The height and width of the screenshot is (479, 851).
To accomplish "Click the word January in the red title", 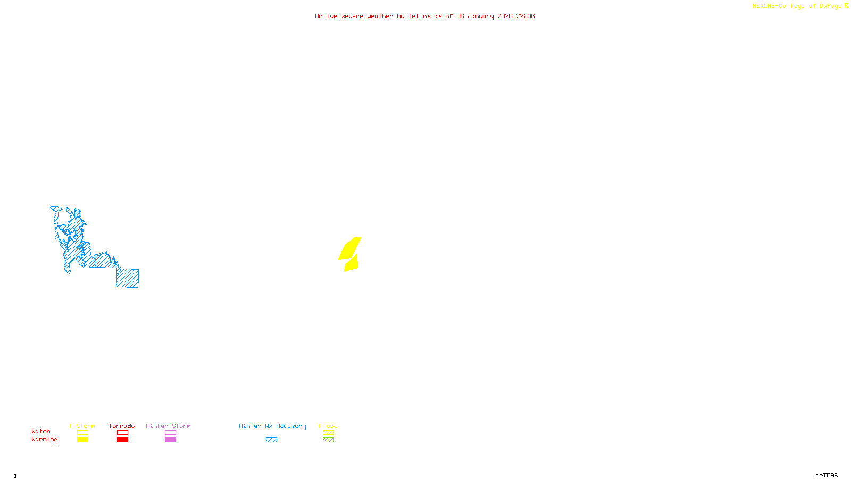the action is tap(480, 16).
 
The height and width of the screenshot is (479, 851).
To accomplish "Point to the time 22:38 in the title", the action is tap(525, 16).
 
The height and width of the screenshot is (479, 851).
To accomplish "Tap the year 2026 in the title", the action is tap(505, 16).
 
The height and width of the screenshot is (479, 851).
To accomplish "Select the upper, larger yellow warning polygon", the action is tap(350, 249).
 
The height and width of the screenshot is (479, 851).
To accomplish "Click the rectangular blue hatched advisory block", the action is tap(128, 278).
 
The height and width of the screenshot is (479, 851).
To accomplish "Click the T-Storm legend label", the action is tap(82, 426).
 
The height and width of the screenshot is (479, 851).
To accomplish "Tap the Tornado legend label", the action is tap(122, 426).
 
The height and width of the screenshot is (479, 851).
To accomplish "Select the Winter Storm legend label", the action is tap(168, 426).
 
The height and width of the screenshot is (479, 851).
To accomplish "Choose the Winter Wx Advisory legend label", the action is tap(272, 426).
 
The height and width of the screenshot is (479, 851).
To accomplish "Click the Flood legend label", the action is tap(328, 426).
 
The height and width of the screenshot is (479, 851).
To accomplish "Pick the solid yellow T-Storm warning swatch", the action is tap(82, 440).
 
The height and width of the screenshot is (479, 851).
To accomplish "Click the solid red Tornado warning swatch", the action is tap(122, 440).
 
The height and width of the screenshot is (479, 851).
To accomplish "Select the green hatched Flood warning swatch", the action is tap(328, 440).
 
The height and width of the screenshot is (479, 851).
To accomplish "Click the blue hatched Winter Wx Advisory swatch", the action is tap(271, 440).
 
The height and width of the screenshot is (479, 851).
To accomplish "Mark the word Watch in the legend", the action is tap(41, 432).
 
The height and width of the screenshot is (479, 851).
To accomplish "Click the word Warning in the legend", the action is tap(45, 440).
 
